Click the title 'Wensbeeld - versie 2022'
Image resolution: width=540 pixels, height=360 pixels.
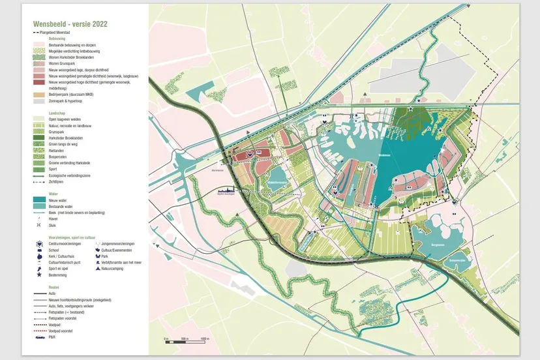tap(70, 23)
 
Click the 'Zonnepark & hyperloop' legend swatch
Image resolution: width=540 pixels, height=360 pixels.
tap(40, 101)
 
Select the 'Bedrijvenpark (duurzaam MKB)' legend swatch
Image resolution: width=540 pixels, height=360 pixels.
tap(40, 95)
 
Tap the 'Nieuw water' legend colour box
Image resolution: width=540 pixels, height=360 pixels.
tap(40, 200)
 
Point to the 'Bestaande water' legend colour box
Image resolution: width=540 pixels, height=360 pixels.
tap(40, 206)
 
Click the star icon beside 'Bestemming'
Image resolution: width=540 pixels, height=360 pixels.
tap(40, 276)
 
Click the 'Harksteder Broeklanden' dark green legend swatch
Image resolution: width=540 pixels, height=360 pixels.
tap(40, 138)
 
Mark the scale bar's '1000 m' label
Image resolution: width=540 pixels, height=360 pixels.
tap(204, 340)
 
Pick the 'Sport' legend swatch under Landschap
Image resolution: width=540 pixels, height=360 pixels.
tap(40, 169)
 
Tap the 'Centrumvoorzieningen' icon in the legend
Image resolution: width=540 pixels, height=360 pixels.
tap(40, 243)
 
